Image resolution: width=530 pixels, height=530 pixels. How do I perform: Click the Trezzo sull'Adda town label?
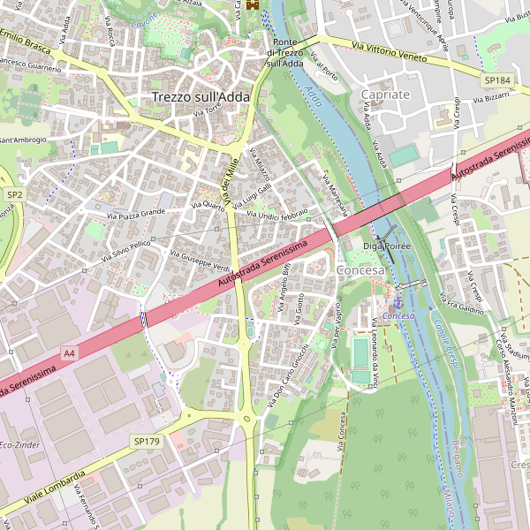[x=201, y=97]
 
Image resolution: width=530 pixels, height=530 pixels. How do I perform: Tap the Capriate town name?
[x=386, y=95]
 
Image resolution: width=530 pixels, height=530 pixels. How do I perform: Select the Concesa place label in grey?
[x=360, y=269]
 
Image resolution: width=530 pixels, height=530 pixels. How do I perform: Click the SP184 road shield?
[x=496, y=80]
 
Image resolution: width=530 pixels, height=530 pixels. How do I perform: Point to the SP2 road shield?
[x=14, y=193]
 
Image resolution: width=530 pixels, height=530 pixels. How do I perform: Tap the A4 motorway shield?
[x=69, y=353]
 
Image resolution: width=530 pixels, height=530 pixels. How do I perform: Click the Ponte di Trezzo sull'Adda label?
[x=284, y=52]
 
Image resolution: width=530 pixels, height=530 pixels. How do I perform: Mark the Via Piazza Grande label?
[x=136, y=214]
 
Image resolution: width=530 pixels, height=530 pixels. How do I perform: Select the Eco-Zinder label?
[x=19, y=444]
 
